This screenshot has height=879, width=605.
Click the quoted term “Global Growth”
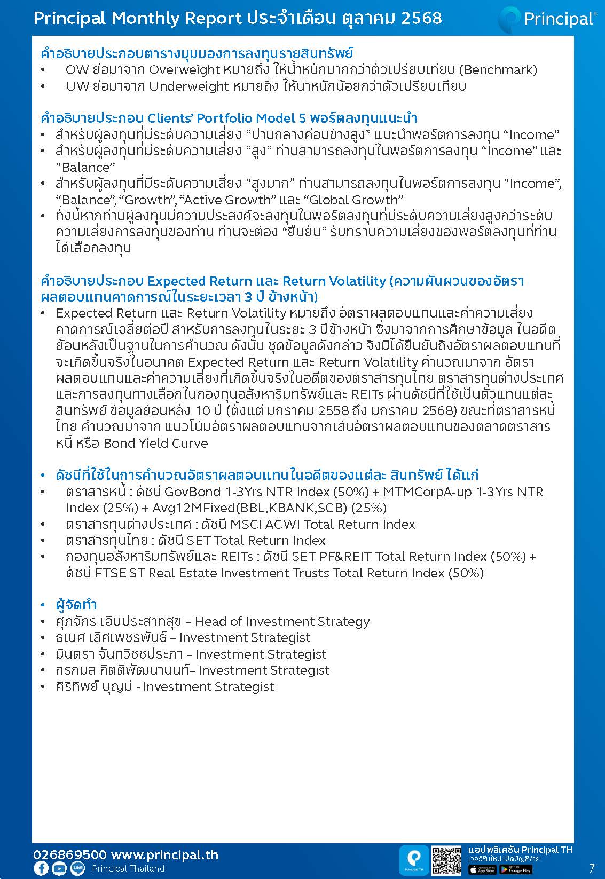point(353,200)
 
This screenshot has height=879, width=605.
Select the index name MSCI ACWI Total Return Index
point(352,525)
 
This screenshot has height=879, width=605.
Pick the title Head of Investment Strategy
point(282,622)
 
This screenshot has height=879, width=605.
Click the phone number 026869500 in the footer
point(69,854)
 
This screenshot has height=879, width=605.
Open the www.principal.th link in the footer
point(164,854)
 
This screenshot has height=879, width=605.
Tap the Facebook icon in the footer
point(41,868)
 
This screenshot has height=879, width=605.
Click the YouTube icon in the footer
point(59,868)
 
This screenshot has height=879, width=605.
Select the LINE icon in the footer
point(77,868)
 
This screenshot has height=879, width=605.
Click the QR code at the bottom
point(446,860)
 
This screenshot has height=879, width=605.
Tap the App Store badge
point(482,869)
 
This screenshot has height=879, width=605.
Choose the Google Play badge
point(515,869)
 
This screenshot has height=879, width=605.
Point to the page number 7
point(591,868)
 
